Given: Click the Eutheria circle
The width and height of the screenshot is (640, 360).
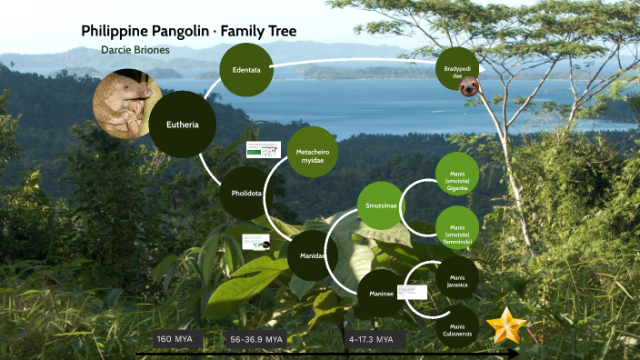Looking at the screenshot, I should click(x=183, y=125).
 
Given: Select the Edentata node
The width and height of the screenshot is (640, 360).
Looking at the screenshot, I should click(x=246, y=69).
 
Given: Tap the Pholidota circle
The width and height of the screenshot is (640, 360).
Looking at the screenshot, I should click(x=246, y=193).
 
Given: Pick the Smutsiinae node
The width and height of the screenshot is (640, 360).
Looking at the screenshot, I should click(x=379, y=205).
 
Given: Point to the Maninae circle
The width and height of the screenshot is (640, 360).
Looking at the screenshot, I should click(x=381, y=294).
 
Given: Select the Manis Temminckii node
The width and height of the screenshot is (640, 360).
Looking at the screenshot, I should click(x=457, y=228).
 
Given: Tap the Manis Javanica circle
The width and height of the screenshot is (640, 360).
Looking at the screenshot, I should click(x=457, y=279).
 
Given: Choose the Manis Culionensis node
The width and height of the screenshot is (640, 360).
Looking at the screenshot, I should click(x=457, y=328).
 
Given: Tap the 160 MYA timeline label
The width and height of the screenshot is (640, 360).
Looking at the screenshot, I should click(x=175, y=339).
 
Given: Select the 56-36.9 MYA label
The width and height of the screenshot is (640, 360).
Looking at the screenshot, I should click(x=257, y=339).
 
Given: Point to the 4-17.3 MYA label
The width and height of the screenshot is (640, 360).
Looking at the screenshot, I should click(x=371, y=339).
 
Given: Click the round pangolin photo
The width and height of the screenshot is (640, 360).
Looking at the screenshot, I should click(x=128, y=104).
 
